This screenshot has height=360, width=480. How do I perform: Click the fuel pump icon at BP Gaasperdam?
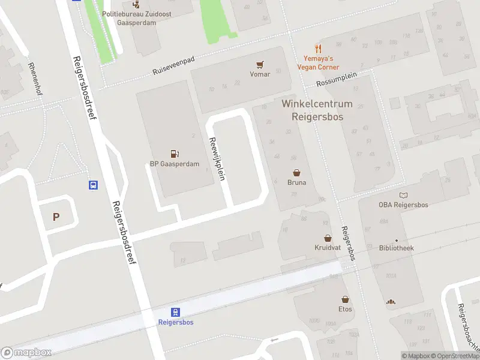174,154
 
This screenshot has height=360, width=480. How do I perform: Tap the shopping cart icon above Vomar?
260,65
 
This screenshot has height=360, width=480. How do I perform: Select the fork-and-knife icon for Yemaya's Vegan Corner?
318,49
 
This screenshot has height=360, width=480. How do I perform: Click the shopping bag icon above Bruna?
296,173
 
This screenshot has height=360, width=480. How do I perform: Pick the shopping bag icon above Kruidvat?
328,238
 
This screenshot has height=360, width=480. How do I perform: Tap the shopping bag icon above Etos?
345,299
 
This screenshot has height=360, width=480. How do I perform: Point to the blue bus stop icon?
94,185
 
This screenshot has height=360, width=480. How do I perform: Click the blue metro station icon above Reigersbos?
175,312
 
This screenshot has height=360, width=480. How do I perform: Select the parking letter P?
56,217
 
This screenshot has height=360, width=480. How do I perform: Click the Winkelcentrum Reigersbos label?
317,110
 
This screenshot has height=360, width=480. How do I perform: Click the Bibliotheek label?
396,248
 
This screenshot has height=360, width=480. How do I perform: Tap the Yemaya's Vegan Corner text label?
318,63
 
